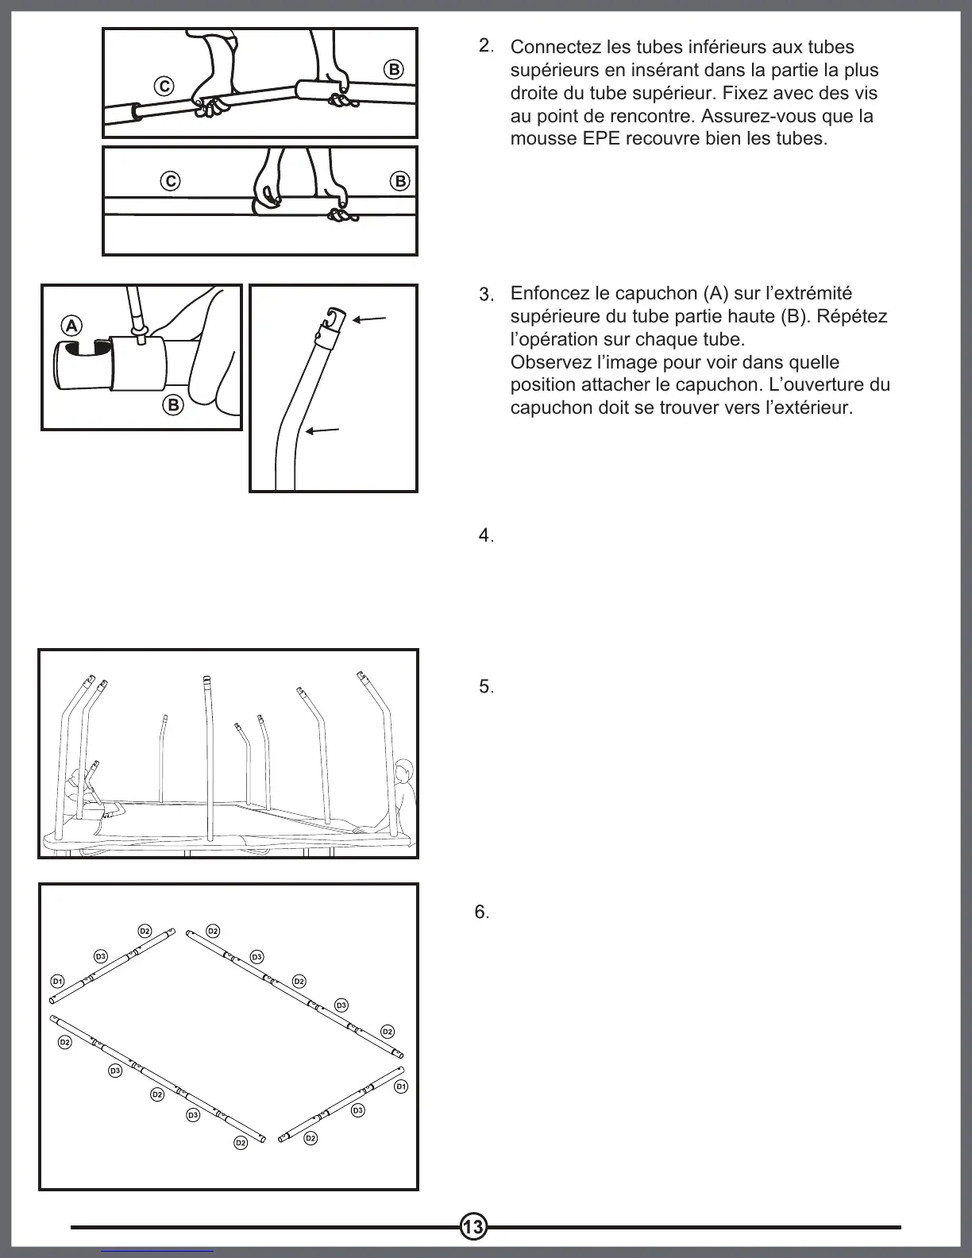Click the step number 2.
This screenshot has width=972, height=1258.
click(485, 46)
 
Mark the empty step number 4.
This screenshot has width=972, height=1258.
click(485, 536)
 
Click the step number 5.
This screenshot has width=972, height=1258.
click(486, 687)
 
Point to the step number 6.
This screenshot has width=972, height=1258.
click(481, 913)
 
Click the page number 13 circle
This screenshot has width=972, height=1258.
click(473, 1227)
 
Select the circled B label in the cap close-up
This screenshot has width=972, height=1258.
click(173, 405)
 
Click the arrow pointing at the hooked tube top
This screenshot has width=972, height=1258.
click(369, 320)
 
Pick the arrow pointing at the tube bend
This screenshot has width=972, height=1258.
click(322, 431)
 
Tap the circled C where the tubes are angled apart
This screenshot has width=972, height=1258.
click(164, 86)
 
